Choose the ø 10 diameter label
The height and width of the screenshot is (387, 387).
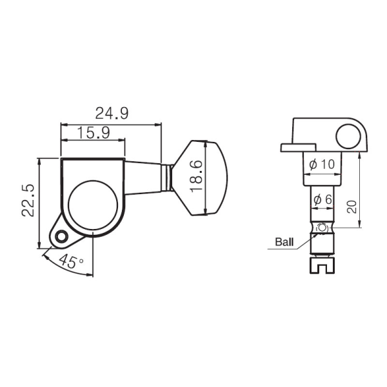[x=321, y=164]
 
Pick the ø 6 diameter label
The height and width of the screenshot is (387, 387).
[x=321, y=200]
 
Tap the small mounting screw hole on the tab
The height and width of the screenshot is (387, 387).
[x=62, y=237]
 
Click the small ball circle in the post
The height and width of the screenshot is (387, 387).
[x=321, y=228]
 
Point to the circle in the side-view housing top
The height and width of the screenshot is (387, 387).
[x=348, y=135]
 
